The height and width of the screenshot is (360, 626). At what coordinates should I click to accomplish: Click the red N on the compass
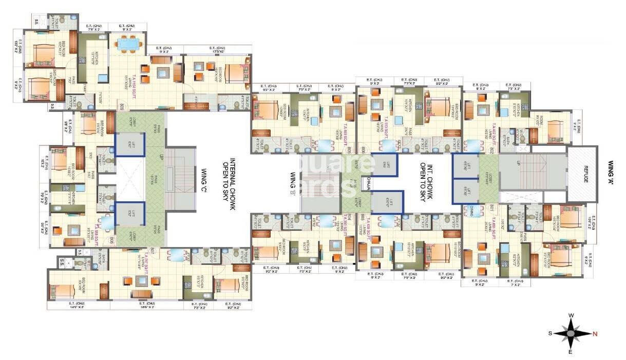[595, 334]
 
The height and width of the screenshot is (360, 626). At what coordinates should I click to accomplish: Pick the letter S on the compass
[550, 333]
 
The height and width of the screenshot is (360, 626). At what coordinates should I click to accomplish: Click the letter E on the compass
[571, 352]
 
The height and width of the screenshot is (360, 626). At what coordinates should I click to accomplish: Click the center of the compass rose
[572, 334]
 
